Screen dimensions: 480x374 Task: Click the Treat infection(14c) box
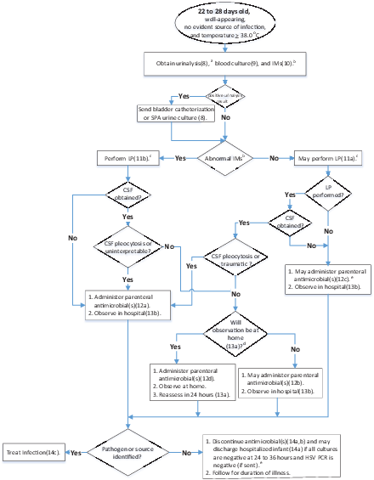click(x=32, y=452)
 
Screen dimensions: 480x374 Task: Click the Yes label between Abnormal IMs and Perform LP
click(x=179, y=157)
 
